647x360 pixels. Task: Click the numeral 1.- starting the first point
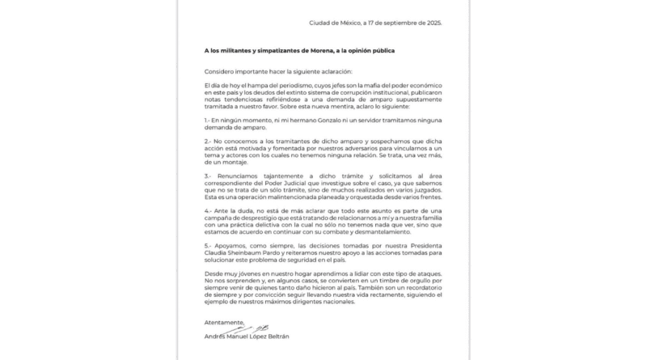(x=209, y=121)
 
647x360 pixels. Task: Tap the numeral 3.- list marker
(x=209, y=174)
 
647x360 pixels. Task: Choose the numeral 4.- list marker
(x=209, y=210)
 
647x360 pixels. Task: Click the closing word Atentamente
(x=224, y=322)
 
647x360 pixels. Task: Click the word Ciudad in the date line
(x=322, y=23)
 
